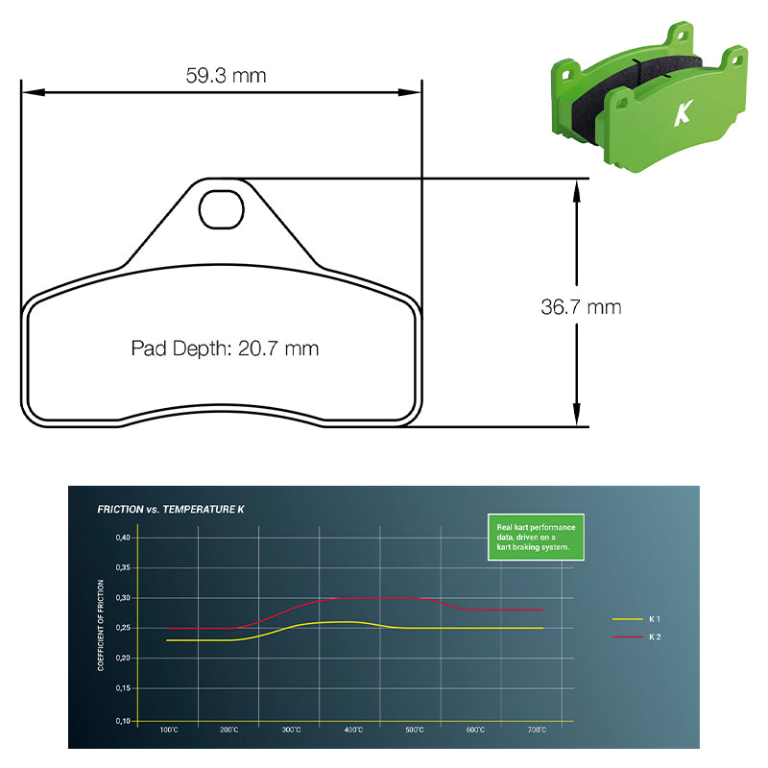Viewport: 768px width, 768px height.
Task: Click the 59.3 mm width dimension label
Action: [226, 76]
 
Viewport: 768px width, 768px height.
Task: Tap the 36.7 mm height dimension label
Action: [581, 307]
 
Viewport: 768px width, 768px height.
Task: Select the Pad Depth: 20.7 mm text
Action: [225, 348]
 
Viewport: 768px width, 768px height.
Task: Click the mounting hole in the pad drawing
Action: [222, 209]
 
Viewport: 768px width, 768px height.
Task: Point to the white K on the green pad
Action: [684, 113]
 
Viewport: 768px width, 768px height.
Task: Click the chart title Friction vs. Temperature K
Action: [171, 510]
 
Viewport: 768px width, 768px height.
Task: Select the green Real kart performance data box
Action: [536, 537]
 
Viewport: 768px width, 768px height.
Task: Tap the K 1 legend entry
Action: [636, 619]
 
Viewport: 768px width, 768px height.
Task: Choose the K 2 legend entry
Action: [636, 636]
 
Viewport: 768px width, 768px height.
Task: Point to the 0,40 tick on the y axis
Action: [123, 538]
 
